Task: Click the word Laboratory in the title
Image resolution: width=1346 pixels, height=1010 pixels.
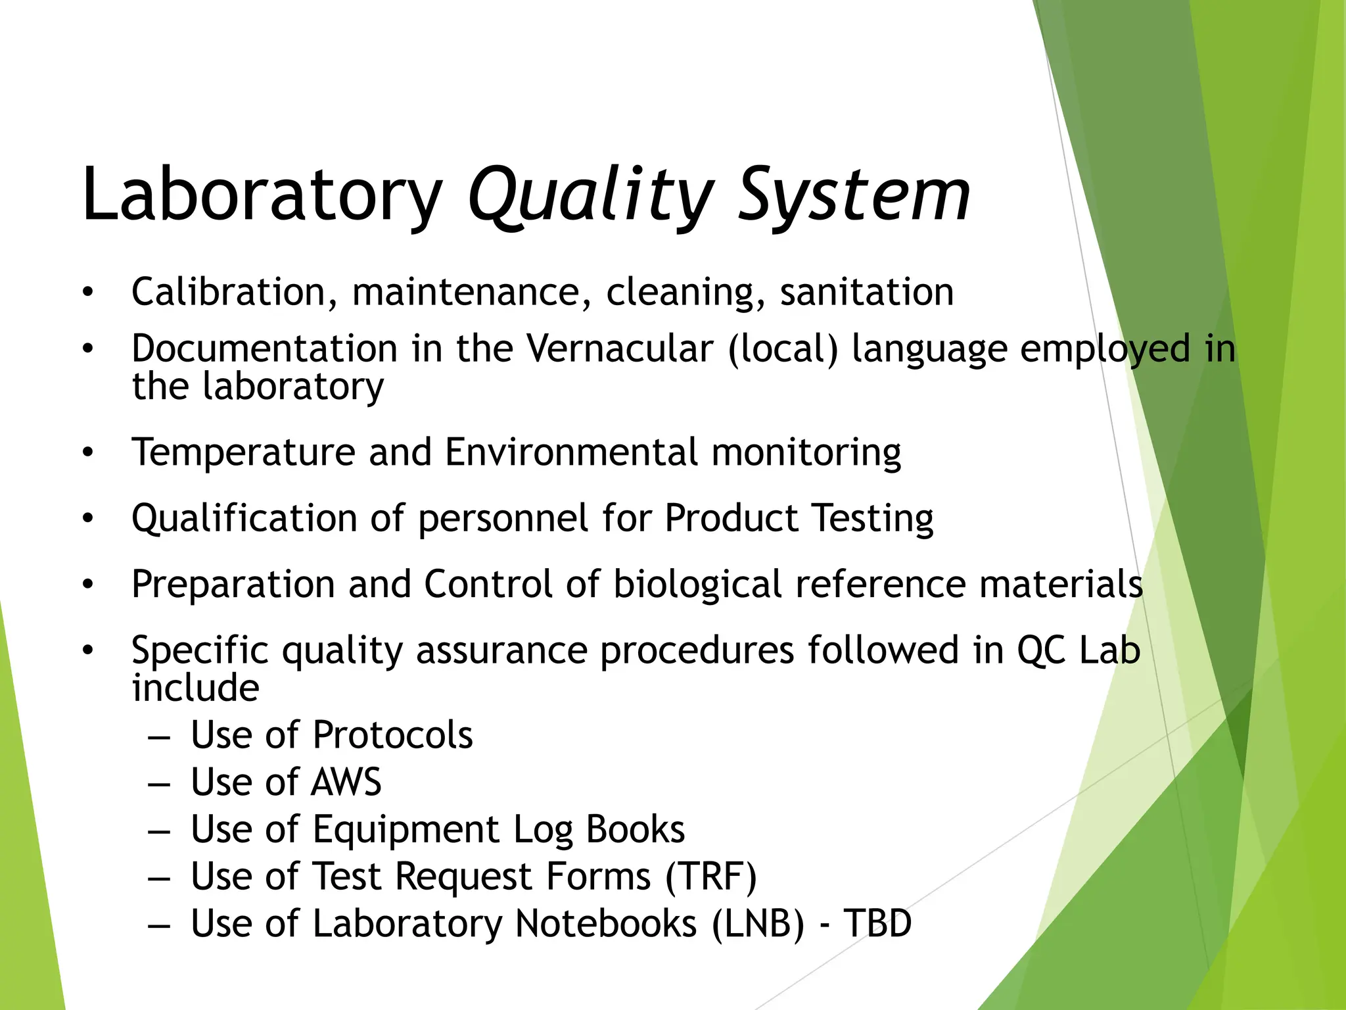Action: pos(262,195)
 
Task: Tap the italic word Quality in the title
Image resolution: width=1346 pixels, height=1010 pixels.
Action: pos(590,195)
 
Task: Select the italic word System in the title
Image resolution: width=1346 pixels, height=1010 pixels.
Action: pos(854,195)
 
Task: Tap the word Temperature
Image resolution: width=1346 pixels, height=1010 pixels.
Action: pos(244,452)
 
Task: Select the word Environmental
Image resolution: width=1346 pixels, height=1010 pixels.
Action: pos(571,452)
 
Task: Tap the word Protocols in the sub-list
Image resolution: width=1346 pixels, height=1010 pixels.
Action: pos(392,734)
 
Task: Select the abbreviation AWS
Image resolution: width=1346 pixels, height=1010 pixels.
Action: pos(346,782)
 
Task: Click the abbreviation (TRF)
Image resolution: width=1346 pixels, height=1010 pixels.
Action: pos(711,877)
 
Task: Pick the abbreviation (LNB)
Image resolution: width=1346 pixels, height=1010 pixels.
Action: pos(758,923)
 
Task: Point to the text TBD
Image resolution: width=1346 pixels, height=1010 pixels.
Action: pos(877,923)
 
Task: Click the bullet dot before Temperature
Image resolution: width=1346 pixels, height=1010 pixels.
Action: pos(88,452)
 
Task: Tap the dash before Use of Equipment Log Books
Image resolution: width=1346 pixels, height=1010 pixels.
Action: pos(159,830)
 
